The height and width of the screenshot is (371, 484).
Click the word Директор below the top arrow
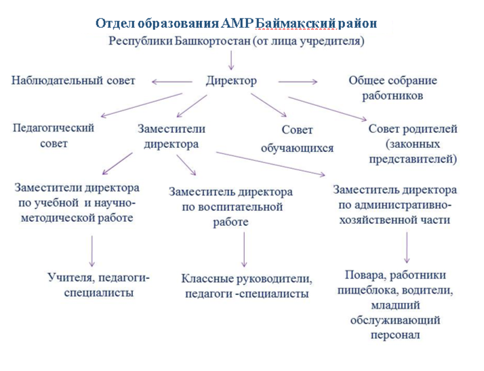click(x=231, y=81)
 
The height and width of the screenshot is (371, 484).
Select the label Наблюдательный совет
click(x=73, y=81)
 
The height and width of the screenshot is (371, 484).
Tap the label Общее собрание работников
click(x=392, y=88)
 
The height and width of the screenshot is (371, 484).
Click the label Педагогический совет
click(x=54, y=136)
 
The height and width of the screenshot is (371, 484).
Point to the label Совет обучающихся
click(x=298, y=139)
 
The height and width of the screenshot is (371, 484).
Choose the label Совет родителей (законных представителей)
click(x=413, y=144)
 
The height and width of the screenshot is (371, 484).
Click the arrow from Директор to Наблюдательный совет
click(x=172, y=82)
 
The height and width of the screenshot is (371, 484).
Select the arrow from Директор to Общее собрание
click(x=298, y=82)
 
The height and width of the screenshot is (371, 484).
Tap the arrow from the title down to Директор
click(x=231, y=60)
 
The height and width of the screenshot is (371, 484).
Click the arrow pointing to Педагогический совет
click(x=142, y=105)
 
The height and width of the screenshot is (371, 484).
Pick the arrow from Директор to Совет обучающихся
click(x=268, y=105)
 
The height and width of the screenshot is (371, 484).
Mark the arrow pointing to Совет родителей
click(x=327, y=109)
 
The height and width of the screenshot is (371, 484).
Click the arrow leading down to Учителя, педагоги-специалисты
click(x=92, y=251)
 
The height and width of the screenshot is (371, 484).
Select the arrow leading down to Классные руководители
click(x=244, y=250)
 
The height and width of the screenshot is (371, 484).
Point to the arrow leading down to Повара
click(x=407, y=248)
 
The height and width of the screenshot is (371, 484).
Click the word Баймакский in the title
click(x=296, y=24)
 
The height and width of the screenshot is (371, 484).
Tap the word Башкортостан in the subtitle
click(x=213, y=41)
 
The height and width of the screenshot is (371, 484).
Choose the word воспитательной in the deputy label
click(x=240, y=207)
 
